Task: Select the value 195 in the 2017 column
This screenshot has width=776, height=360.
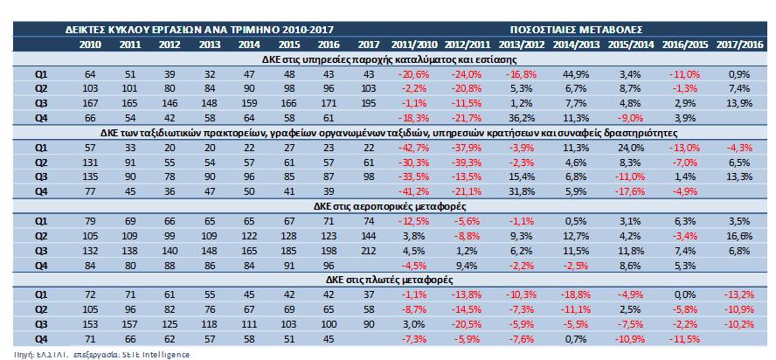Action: (x=369, y=103)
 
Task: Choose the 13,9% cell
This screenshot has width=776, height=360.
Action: (x=738, y=103)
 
